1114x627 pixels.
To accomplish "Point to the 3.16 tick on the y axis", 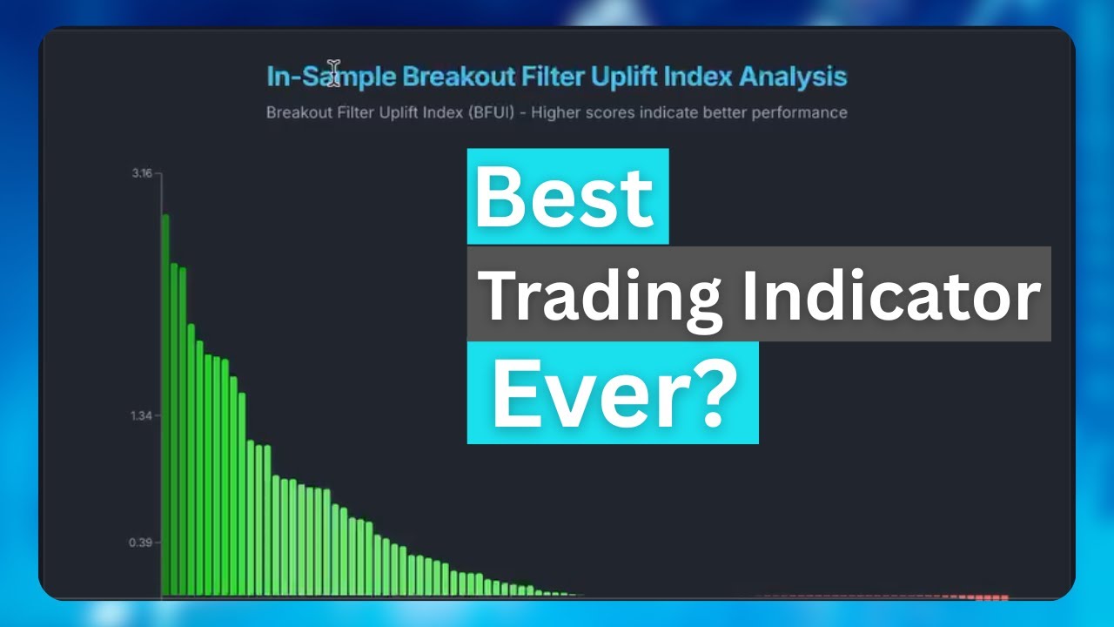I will [x=142, y=173].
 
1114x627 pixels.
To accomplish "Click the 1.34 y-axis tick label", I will [x=142, y=415].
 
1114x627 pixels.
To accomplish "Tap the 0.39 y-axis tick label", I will [x=142, y=543].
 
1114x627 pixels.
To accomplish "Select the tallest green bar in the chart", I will [x=165, y=405].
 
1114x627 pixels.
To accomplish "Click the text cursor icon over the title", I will [x=334, y=72].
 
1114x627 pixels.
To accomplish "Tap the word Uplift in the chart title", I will [x=623, y=77].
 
